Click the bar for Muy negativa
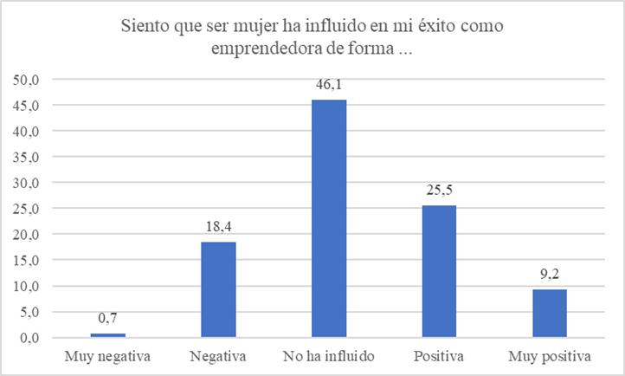coord(107,335)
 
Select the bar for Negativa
coord(218,289)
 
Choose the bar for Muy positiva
coord(549,313)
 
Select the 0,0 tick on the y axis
coord(31,338)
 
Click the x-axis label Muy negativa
coord(107,356)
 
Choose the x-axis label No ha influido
coord(328,356)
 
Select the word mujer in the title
coord(246,27)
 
